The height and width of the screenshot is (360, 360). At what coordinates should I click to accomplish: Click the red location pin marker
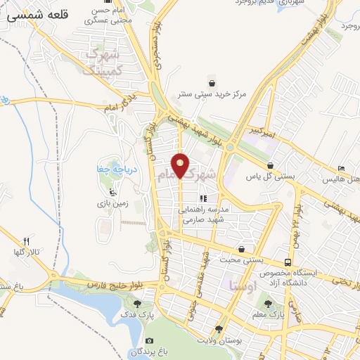[181, 165]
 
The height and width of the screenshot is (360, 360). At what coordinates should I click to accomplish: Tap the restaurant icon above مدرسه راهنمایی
[204, 199]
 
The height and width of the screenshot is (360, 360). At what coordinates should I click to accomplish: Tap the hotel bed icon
[342, 169]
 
